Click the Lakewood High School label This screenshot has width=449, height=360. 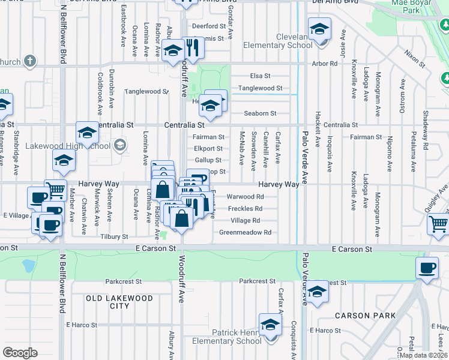[x=68, y=146]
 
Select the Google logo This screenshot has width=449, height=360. [x=20, y=353]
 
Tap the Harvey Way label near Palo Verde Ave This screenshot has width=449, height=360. [x=279, y=185]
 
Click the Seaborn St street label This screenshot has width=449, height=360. [x=260, y=113]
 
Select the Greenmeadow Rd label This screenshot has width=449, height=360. [x=245, y=232]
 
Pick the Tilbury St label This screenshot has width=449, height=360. [x=114, y=237]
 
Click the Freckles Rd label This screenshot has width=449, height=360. [x=245, y=209]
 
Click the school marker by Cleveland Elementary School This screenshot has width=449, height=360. [x=319, y=28]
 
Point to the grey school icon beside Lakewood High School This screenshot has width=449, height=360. [x=120, y=145]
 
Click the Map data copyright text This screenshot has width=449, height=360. [x=423, y=355]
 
